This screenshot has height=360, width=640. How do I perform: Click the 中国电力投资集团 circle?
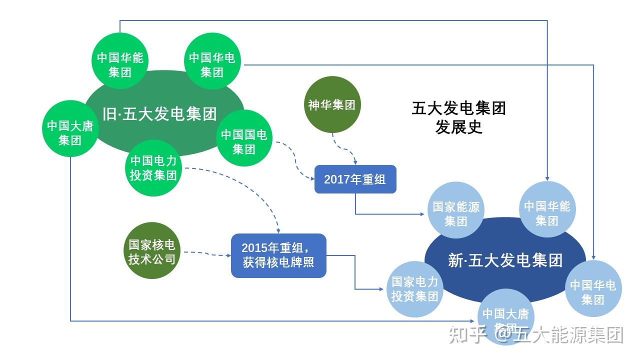coord(153,168)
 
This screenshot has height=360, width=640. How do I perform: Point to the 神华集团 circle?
coord(332,104)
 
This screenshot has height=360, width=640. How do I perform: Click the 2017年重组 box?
coord(355,179)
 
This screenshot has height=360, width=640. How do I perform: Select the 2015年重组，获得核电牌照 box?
coord(278,255)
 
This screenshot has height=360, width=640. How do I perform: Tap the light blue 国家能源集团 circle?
coord(455,210)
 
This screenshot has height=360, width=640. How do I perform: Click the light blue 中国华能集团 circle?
coord(547,210)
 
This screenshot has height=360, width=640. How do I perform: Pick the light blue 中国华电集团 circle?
coord(593,289)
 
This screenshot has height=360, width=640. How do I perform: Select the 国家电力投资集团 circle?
coord(414,289)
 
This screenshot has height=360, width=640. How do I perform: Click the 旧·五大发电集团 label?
coord(160,113)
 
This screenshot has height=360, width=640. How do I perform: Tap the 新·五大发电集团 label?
coord(505,260)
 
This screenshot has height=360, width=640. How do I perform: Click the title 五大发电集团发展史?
coord(458,117)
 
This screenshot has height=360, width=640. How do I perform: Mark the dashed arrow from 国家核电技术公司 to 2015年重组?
coord(205,253)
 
